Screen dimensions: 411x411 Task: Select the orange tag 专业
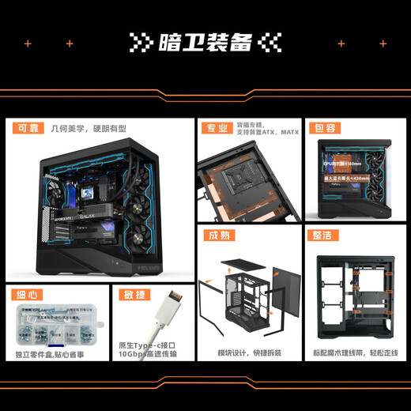click(214, 128)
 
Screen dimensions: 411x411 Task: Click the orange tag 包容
click(325, 128)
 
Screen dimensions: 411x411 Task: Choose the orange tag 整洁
click(325, 235)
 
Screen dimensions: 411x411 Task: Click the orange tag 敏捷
click(132, 296)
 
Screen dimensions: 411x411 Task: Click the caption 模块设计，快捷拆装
click(249, 353)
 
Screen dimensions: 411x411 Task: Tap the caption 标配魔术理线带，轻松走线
click(355, 353)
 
